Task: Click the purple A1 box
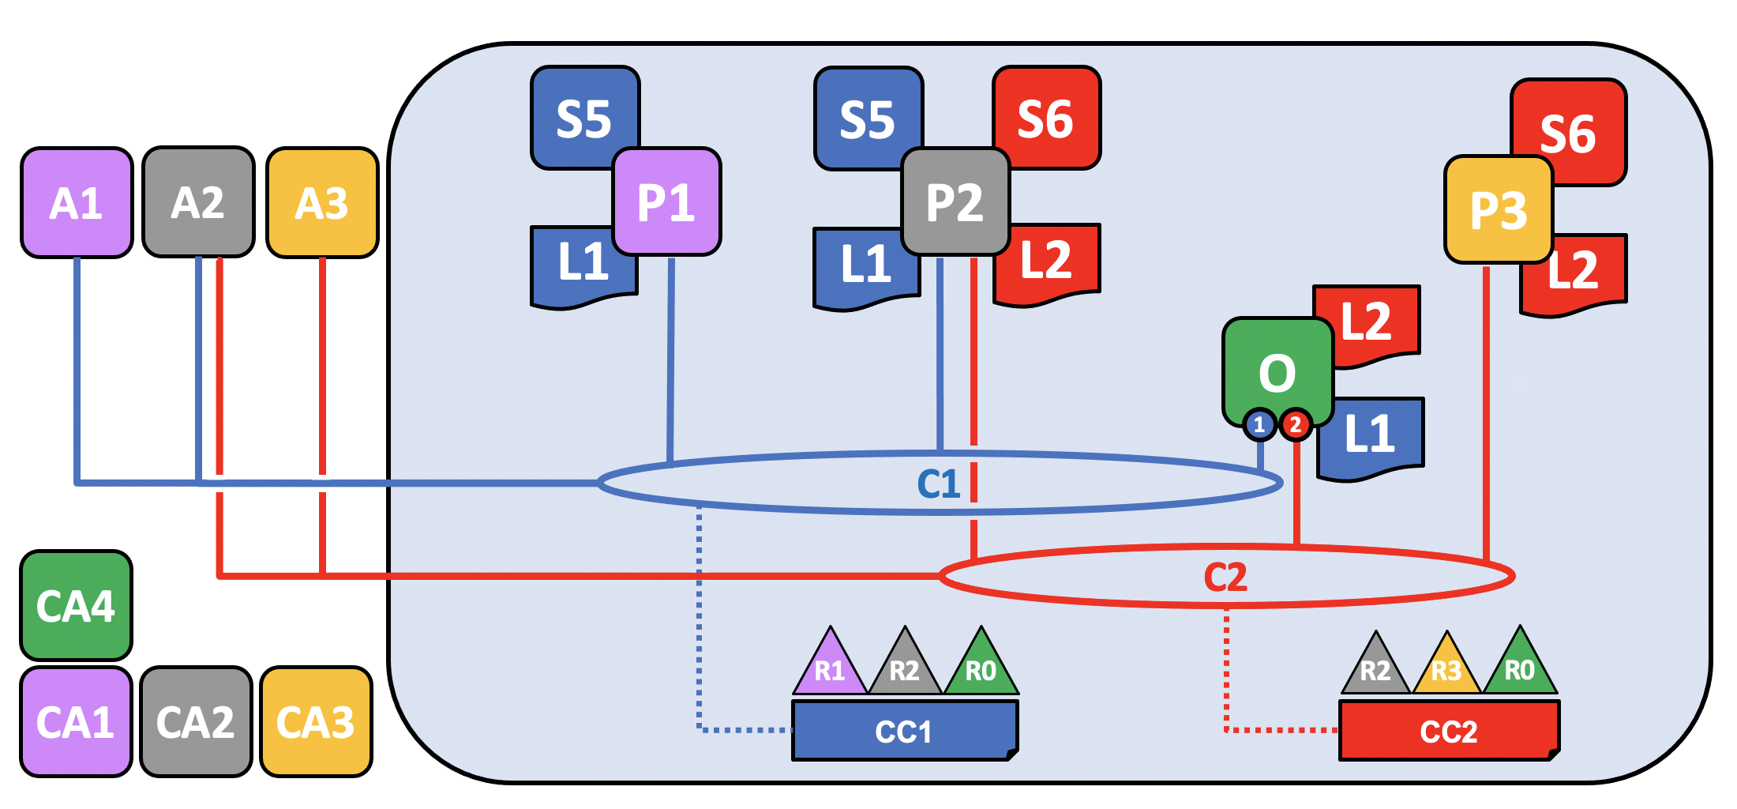click(x=77, y=203)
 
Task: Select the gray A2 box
click(x=198, y=202)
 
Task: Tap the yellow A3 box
click(x=322, y=203)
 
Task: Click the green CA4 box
click(x=76, y=606)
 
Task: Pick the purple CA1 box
click(x=76, y=722)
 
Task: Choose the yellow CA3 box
click(x=316, y=722)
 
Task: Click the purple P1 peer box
click(x=666, y=201)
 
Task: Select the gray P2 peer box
click(x=955, y=201)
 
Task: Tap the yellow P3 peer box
click(x=1499, y=209)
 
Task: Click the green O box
click(x=1277, y=371)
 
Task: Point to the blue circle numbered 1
click(x=1259, y=425)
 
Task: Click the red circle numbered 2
click(x=1296, y=425)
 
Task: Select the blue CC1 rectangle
click(x=905, y=731)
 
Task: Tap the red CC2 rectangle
click(x=1449, y=731)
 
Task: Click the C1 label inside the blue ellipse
click(x=939, y=484)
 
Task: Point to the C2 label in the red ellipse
click(x=1225, y=577)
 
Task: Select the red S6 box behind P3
click(x=1569, y=132)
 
